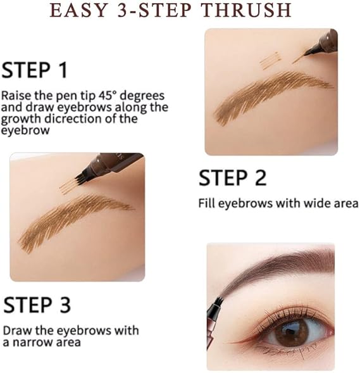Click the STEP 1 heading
pos(34,70)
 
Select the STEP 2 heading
pos(232,178)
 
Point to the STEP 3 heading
pos(37,305)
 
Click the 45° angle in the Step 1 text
pos(107,96)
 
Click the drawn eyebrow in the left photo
pos(75,221)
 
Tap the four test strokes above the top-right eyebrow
pos(271,61)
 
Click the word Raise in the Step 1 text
pos(16,96)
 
